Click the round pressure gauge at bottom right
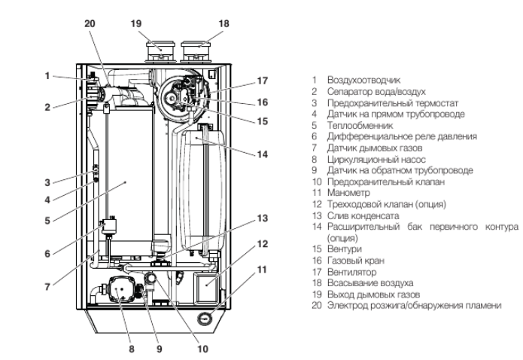click(x=205, y=319)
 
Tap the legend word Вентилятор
click(x=347, y=272)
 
